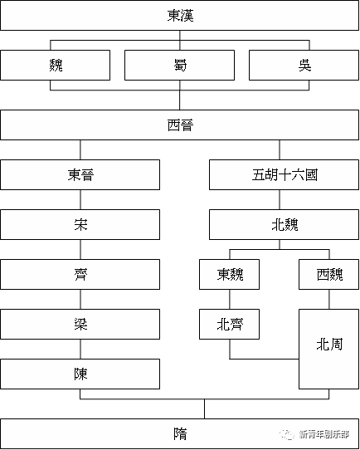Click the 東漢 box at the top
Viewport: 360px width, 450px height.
pyautogui.click(x=179, y=15)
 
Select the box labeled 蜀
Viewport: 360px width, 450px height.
pyautogui.click(x=179, y=65)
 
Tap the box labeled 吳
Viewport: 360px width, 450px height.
pyautogui.click(x=304, y=65)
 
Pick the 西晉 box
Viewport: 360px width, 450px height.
pyautogui.click(x=179, y=125)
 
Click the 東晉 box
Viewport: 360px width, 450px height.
pyautogui.click(x=80, y=174)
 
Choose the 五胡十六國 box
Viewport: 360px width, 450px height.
pyautogui.click(x=284, y=174)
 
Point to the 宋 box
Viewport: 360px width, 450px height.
pyautogui.click(x=80, y=224)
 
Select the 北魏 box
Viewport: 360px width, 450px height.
pyautogui.click(x=284, y=224)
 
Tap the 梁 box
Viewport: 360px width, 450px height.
pyautogui.click(x=80, y=324)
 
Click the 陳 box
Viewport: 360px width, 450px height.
pyautogui.click(x=80, y=374)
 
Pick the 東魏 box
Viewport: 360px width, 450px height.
pyautogui.click(x=229, y=274)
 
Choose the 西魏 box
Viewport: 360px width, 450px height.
pyautogui.click(x=328, y=274)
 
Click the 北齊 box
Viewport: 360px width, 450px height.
pyautogui.click(x=229, y=324)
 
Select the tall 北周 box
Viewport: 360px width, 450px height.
pyautogui.click(x=328, y=349)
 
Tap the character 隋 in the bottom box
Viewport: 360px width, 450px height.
pyautogui.click(x=180, y=434)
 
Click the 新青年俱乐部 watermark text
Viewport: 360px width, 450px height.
pyautogui.click(x=324, y=434)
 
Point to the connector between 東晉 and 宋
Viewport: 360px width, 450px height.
pyautogui.click(x=80, y=199)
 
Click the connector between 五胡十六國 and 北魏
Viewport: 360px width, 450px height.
pyautogui.click(x=280, y=199)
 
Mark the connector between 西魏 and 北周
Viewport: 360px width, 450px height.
pyautogui.click(x=329, y=300)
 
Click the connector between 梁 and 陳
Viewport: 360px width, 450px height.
pyautogui.click(x=80, y=349)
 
